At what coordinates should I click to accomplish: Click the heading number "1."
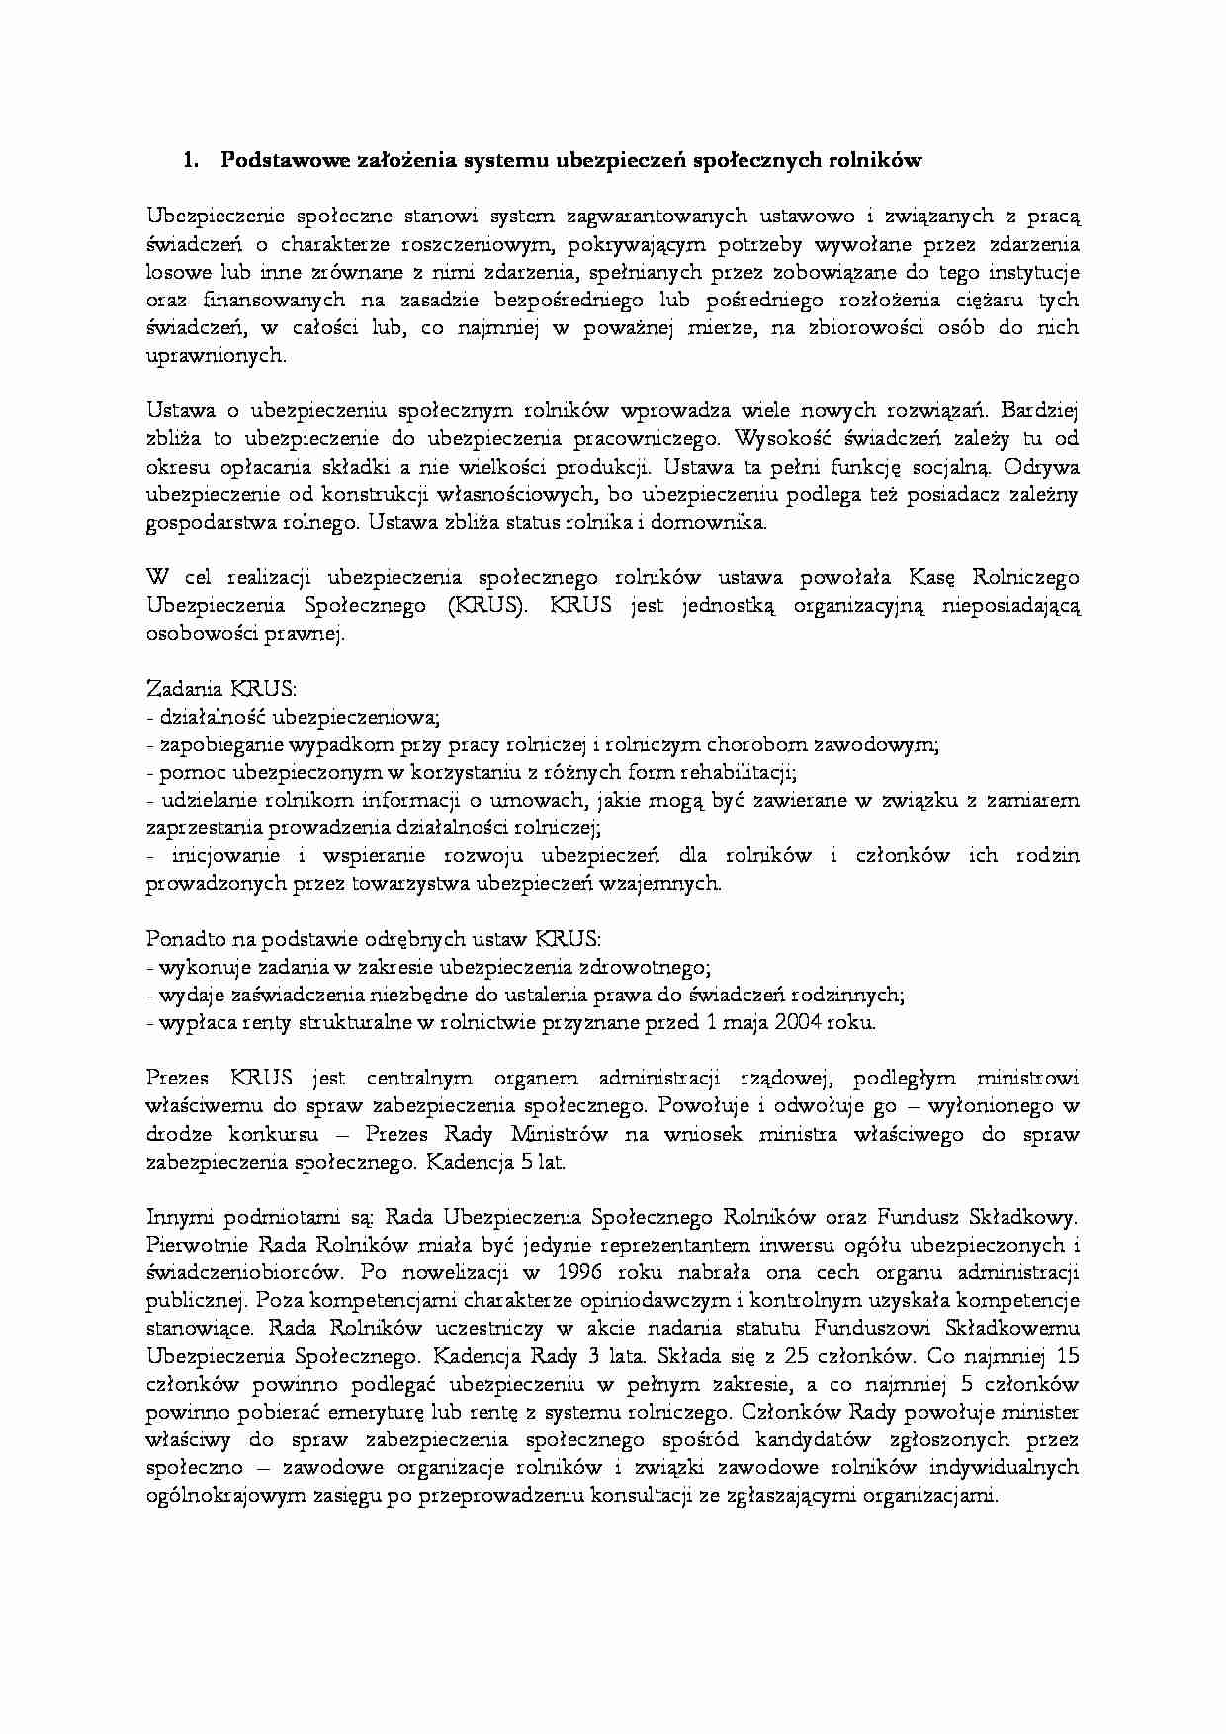point(191,160)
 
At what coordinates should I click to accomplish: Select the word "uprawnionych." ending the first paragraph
point(216,356)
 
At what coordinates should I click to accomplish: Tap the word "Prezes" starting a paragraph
point(179,1078)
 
